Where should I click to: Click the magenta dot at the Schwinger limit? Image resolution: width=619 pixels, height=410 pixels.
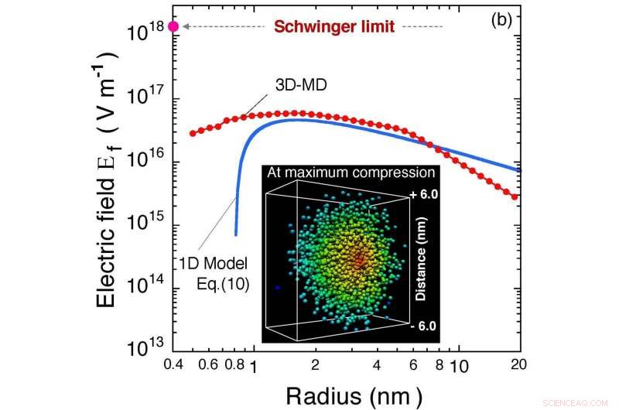[x=173, y=26]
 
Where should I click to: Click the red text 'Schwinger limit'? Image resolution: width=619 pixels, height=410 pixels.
[x=335, y=27]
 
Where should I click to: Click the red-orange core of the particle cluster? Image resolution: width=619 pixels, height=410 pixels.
[x=357, y=261]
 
